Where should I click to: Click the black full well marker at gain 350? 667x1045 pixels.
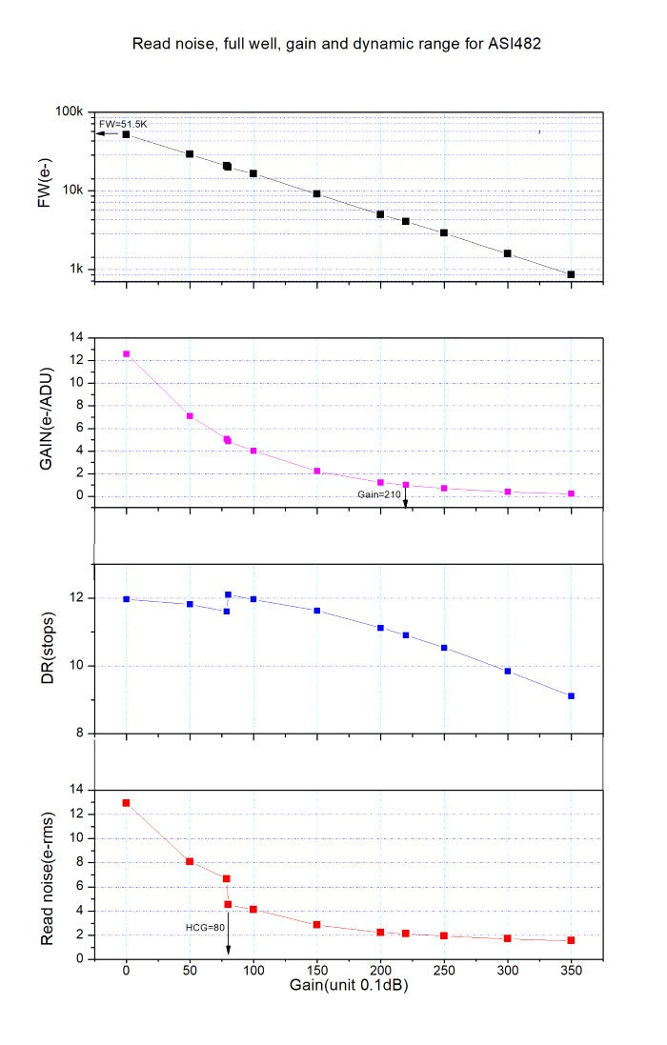571,274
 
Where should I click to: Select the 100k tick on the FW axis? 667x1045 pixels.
71,112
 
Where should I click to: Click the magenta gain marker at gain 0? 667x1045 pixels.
126,353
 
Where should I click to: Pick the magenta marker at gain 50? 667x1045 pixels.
190,416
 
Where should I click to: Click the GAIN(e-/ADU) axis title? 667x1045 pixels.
45,416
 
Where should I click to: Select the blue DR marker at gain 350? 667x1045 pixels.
571,696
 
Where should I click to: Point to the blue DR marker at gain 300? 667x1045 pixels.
508,672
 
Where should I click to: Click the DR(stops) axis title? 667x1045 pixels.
45,649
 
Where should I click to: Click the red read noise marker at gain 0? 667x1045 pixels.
126,803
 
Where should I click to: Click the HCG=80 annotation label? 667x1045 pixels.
205,925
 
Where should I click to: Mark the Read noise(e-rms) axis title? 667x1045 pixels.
45,874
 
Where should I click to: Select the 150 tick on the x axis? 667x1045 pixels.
316,972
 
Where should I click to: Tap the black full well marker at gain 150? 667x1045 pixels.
316,193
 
